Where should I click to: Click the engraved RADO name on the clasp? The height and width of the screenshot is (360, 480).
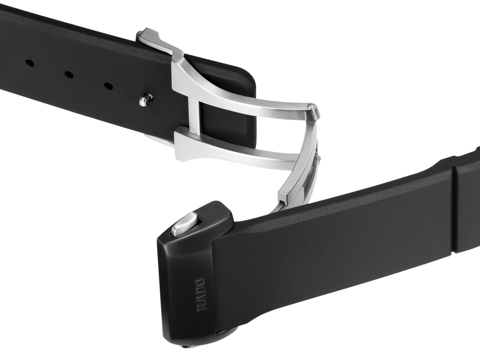(x=201, y=294)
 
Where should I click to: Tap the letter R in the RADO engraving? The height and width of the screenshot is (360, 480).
(x=202, y=307)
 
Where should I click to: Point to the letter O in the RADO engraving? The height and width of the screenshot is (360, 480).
(x=200, y=281)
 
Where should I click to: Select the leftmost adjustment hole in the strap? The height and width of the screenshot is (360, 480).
(x=30, y=63)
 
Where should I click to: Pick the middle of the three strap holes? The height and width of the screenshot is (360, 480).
(x=69, y=74)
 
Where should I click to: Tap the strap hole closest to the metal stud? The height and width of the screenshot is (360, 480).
(x=108, y=86)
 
